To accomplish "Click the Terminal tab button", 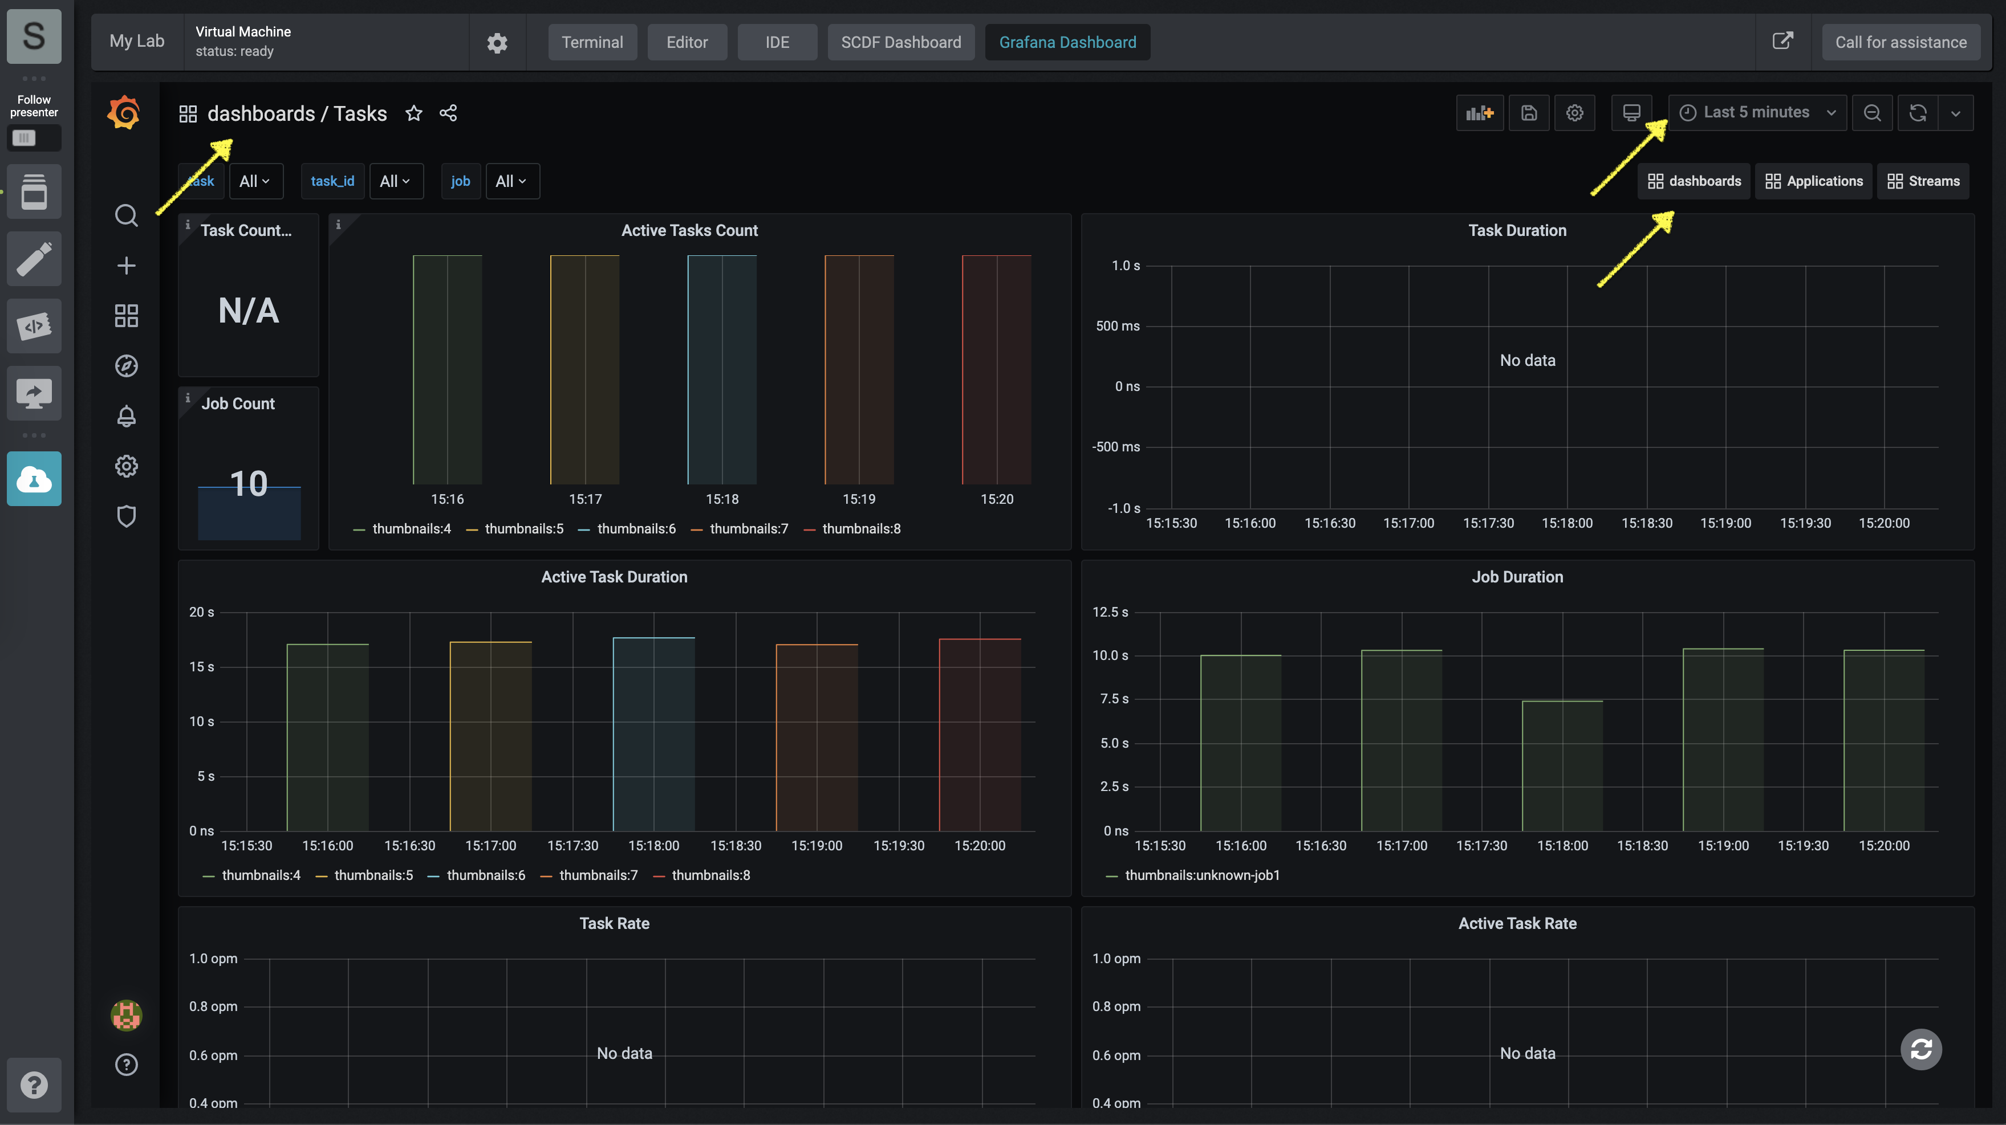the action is [592, 42].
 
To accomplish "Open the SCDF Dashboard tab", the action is [901, 42].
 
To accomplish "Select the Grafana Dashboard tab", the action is [1067, 42].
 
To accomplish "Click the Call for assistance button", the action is [1901, 42].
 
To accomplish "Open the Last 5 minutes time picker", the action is [1757, 113].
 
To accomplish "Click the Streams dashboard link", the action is [1923, 181].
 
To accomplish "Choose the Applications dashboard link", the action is [1814, 181].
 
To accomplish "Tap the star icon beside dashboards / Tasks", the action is [413, 113].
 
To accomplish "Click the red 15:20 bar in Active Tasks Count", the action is [997, 370].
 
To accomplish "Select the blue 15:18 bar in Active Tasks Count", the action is [722, 370].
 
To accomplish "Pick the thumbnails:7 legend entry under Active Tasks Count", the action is [740, 529].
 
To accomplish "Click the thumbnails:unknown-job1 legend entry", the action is [1193, 875].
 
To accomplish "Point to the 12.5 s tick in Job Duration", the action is [1110, 612].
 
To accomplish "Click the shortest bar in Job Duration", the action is [1562, 766].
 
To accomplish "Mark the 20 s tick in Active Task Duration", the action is [202, 612].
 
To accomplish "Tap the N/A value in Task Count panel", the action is [249, 311].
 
